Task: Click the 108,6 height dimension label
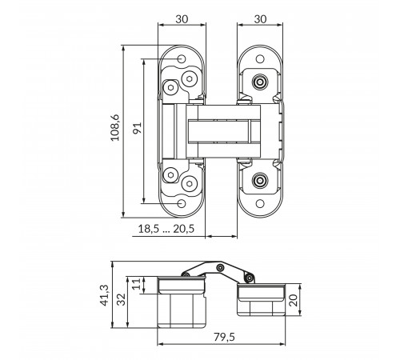point(115,128)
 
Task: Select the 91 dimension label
point(138,128)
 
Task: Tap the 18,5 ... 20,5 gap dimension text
point(166,229)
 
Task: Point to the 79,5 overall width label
point(224,337)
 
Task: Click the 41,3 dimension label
point(104,295)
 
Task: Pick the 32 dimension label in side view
point(122,299)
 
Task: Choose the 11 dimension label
point(136,285)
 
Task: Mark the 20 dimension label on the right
point(293,300)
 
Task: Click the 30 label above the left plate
point(182,19)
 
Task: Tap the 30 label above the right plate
point(260,19)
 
